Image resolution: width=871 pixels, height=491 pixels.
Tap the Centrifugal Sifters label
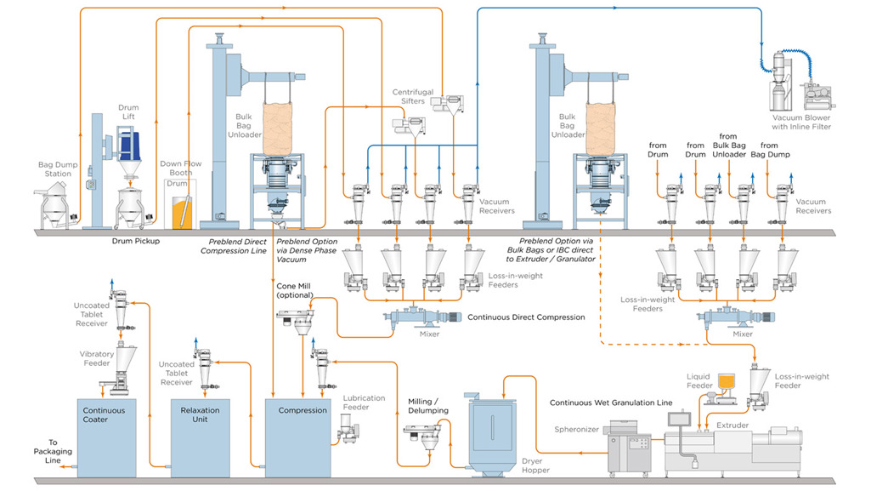pyautogui.click(x=413, y=96)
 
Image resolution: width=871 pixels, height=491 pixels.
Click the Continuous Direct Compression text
pyautogui.click(x=527, y=317)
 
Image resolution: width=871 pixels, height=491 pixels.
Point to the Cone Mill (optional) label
pyautogui.click(x=295, y=290)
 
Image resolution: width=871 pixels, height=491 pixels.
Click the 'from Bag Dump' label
pyautogui.click(x=771, y=150)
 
